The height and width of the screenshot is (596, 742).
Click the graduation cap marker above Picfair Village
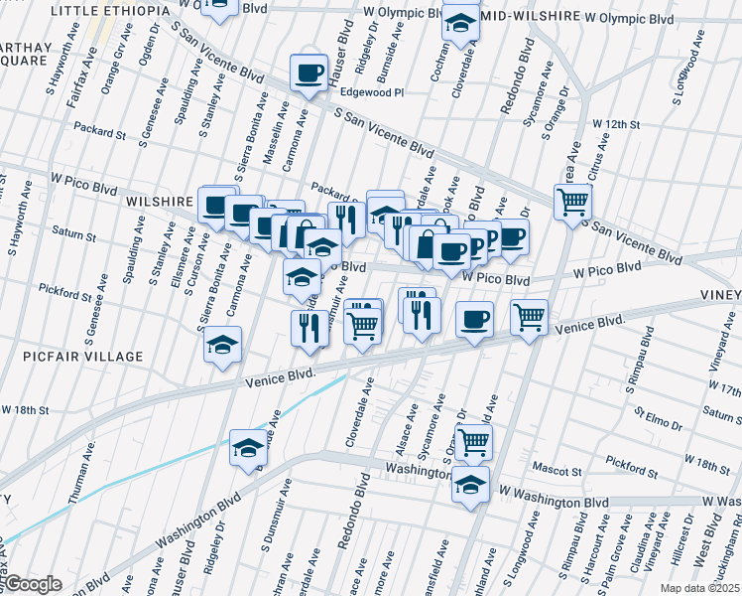[x=222, y=345]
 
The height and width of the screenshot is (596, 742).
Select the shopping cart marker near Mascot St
[x=474, y=440]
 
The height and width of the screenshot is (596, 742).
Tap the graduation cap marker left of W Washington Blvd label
[x=470, y=486]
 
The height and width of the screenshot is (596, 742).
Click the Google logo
[x=34, y=584]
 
